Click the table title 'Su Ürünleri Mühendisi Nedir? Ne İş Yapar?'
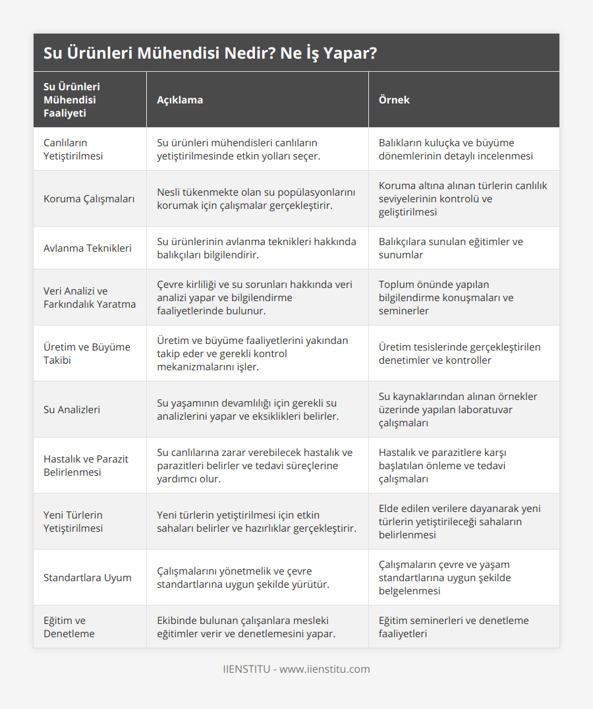click(x=210, y=53)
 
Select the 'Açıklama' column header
click(x=180, y=99)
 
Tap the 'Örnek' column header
click(x=394, y=99)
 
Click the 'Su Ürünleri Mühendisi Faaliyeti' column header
click(x=72, y=99)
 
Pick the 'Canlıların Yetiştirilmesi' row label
click(x=73, y=149)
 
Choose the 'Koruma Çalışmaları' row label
click(x=89, y=198)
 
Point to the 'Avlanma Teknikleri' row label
click(x=87, y=248)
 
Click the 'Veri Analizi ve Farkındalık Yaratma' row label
click(x=89, y=297)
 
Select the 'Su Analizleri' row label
click(x=72, y=409)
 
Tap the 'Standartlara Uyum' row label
click(x=87, y=577)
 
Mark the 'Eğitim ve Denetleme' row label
click(x=69, y=627)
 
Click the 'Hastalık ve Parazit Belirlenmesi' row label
click(x=86, y=465)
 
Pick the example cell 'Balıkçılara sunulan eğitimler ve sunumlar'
click(x=451, y=248)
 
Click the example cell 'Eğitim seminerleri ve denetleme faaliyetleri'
click(x=453, y=627)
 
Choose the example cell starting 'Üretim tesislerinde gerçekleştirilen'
click(x=459, y=353)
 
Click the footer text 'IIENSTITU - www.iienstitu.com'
click(x=296, y=669)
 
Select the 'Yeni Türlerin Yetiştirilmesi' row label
click(x=73, y=521)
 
